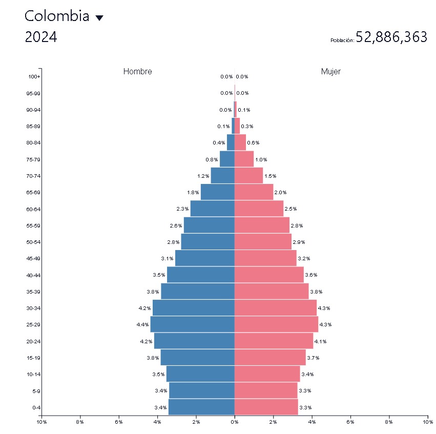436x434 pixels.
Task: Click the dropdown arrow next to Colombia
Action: coord(99,18)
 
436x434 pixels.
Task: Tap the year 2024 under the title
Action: coord(41,37)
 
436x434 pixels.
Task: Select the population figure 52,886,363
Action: coord(391,37)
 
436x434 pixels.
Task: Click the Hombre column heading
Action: coord(137,72)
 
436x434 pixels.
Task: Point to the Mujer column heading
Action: coord(330,72)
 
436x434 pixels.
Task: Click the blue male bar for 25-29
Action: coord(192,324)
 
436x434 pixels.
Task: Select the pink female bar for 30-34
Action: coord(275,308)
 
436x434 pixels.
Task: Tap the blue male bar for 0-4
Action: coord(201,407)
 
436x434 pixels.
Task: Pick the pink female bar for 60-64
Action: coord(259,209)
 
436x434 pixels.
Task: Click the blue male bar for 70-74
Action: coord(222,176)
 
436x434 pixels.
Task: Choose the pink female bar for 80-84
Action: coord(240,142)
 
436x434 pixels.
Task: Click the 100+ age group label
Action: coord(34,77)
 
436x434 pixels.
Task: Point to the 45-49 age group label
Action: coord(33,258)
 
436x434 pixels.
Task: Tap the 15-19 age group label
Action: coord(33,358)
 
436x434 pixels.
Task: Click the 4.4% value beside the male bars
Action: coord(142,325)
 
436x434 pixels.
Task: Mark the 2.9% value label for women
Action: coord(299,242)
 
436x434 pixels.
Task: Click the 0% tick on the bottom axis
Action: coord(235,422)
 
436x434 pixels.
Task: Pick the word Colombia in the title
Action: coord(57,16)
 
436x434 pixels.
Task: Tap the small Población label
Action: coord(342,40)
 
